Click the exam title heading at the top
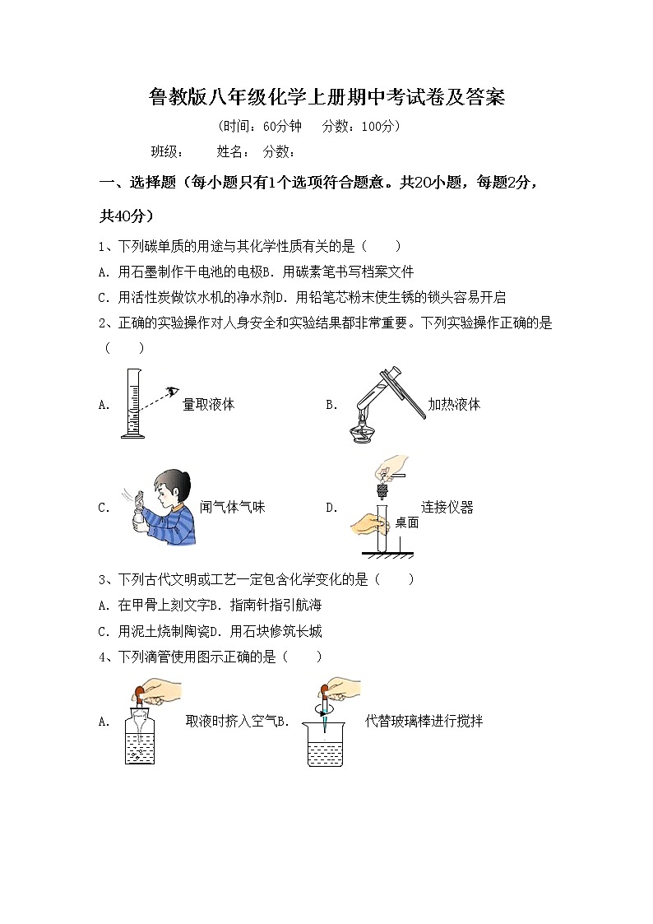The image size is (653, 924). tap(326, 98)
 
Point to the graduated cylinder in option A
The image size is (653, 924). tap(132, 403)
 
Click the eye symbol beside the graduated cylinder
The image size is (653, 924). tap(171, 392)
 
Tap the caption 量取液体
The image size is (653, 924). tap(208, 405)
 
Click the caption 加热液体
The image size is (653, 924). tap(453, 405)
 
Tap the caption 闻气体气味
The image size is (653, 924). tap(233, 508)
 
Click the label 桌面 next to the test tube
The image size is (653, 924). tap(406, 522)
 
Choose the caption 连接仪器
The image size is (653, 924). tap(447, 508)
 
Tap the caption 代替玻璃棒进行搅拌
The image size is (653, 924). tap(424, 722)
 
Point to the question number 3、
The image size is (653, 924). tap(104, 579)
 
